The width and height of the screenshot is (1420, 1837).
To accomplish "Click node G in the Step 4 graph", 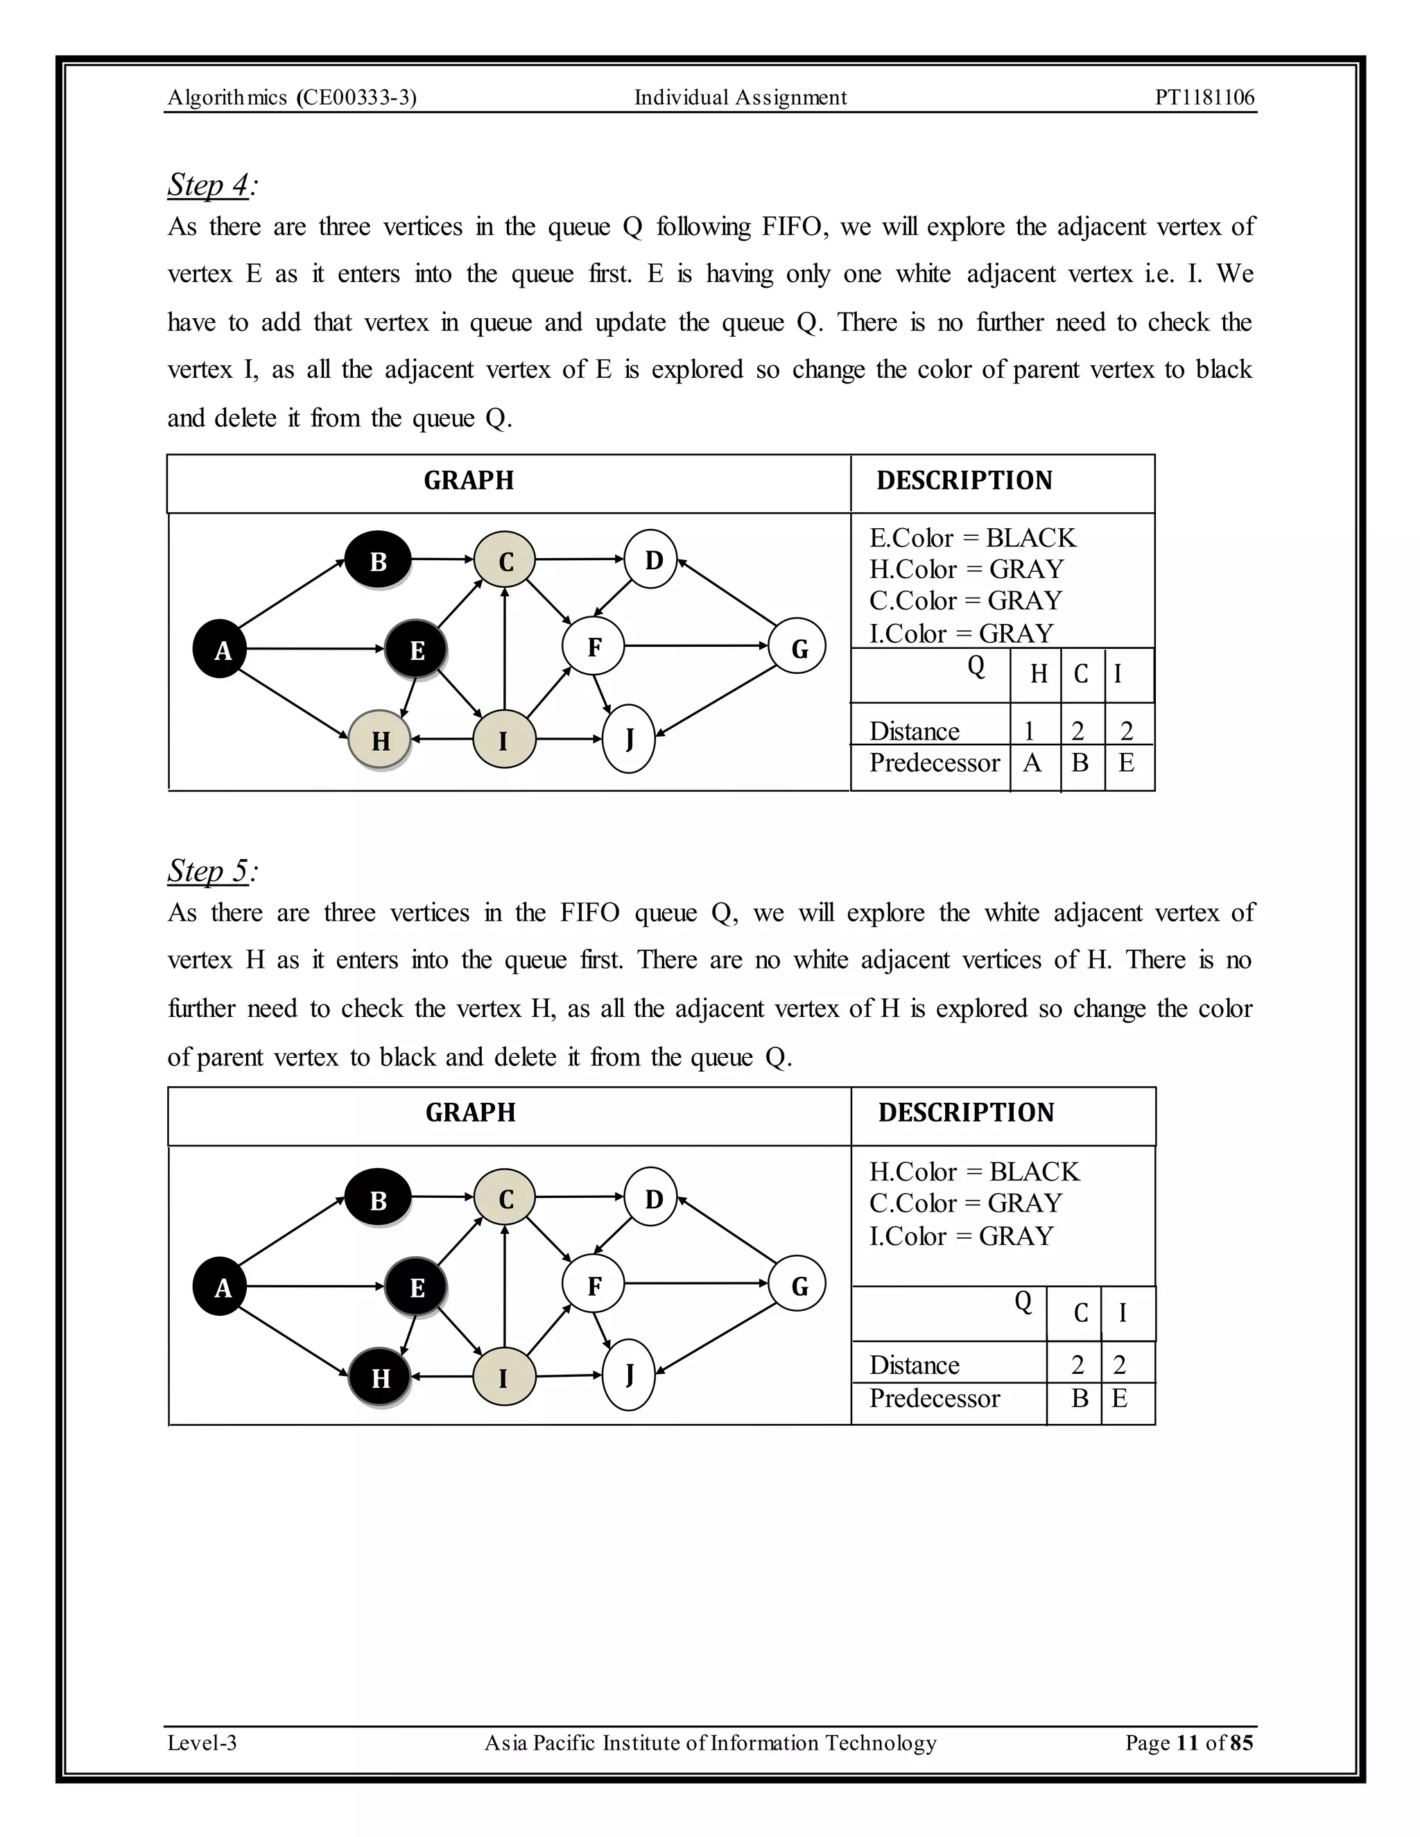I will (x=797, y=647).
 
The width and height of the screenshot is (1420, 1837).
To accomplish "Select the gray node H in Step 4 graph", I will (x=379, y=740).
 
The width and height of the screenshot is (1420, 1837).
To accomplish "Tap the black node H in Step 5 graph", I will (x=379, y=1378).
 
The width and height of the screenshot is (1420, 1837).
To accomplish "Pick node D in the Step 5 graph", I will (x=652, y=1198).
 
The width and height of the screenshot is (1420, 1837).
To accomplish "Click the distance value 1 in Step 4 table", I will (x=1029, y=731).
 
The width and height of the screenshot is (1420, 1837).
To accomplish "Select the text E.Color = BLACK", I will (x=973, y=539).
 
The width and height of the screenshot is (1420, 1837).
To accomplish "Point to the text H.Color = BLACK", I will (x=974, y=1172).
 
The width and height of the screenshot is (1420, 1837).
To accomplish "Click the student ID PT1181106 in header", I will (x=1204, y=98).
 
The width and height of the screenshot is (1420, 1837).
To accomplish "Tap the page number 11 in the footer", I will (x=1187, y=1743).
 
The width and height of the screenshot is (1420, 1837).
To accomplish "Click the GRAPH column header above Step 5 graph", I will (x=470, y=1113).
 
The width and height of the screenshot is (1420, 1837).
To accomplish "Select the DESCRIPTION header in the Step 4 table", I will (x=964, y=480).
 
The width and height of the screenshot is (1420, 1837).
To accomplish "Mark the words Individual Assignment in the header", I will (x=741, y=98).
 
